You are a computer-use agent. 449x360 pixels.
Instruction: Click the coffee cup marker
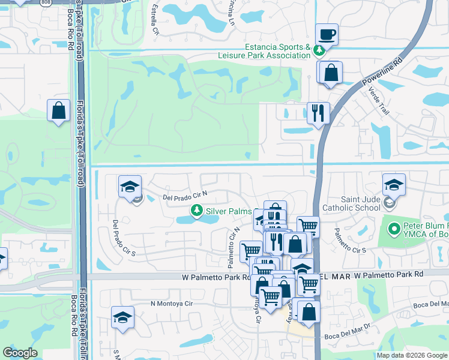click(327, 35)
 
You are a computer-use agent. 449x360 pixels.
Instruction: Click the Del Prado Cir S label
click(124, 236)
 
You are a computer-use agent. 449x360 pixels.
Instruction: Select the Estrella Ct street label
click(155, 19)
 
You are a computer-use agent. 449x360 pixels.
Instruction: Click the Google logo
click(20, 353)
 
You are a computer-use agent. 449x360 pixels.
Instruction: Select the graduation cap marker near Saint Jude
click(394, 185)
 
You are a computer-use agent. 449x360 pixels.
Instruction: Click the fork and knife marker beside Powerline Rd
click(318, 112)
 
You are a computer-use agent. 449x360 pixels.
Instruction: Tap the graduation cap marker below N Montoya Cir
click(122, 317)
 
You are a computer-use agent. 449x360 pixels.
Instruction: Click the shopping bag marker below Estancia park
click(330, 73)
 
